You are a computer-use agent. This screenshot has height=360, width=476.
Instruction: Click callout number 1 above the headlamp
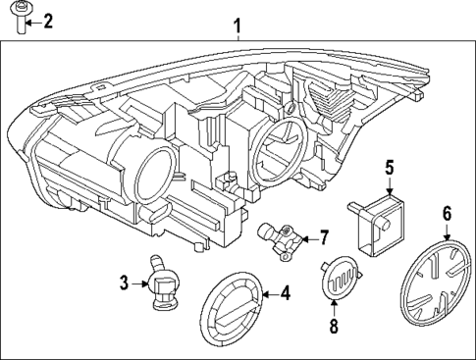point(237,25)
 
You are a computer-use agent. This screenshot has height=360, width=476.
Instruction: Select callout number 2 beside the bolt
point(47,21)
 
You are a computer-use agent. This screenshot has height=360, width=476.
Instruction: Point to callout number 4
point(286,292)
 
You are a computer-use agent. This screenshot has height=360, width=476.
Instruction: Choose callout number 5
point(389,168)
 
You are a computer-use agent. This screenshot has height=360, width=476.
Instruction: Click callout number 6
point(448,213)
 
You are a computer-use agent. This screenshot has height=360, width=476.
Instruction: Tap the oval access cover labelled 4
point(233,305)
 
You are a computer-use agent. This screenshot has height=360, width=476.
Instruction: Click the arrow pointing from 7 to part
point(308,237)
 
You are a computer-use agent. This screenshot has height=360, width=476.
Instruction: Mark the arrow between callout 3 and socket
point(139,284)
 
